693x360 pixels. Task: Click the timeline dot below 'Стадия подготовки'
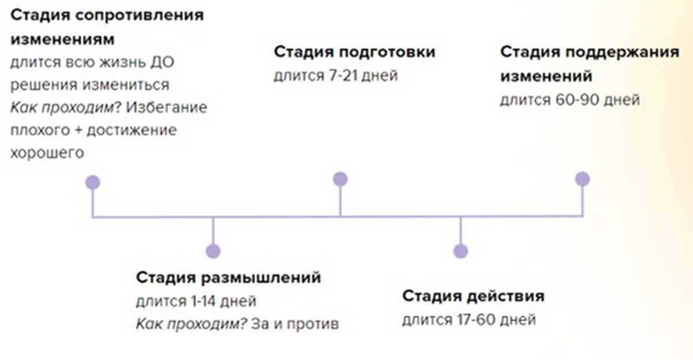pyautogui.click(x=340, y=179)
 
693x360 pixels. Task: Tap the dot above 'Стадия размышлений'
pyautogui.click(x=213, y=251)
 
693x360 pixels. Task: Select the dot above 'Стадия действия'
pyautogui.click(x=461, y=251)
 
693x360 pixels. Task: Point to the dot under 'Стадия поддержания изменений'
pyautogui.click(x=583, y=179)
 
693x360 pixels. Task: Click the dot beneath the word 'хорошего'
pyautogui.click(x=93, y=182)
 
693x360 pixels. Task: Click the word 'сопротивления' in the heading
pyautogui.click(x=140, y=15)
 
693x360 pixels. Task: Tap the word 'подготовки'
pyautogui.click(x=388, y=52)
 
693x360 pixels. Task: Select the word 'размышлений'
pyautogui.click(x=261, y=278)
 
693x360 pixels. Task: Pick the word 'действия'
pyautogui.click(x=505, y=296)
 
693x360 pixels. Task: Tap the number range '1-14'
pyautogui.click(x=203, y=301)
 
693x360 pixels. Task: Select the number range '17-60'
pyautogui.click(x=476, y=320)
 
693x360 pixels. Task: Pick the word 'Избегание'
pyautogui.click(x=166, y=107)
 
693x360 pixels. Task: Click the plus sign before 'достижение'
pyautogui.click(x=79, y=131)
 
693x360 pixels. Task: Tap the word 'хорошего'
pyautogui.click(x=47, y=153)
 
